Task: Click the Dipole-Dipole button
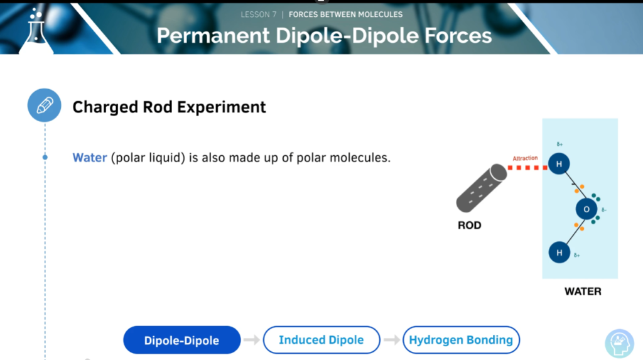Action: click(x=181, y=340)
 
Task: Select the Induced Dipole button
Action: click(x=321, y=340)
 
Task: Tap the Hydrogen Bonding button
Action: click(x=461, y=340)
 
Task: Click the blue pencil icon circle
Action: click(x=45, y=105)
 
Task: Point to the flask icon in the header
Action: click(x=36, y=31)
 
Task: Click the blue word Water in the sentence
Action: click(x=89, y=158)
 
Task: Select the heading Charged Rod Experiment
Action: click(x=169, y=107)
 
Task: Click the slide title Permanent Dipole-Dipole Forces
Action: click(x=324, y=35)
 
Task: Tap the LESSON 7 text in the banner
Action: click(x=258, y=14)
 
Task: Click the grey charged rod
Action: click(x=482, y=188)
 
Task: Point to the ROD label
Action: click(x=470, y=226)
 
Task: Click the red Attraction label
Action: click(x=525, y=158)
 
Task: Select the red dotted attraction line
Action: click(x=527, y=168)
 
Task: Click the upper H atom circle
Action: click(x=558, y=164)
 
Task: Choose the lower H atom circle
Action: click(x=559, y=253)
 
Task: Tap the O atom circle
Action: click(x=586, y=209)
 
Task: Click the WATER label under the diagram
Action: click(x=583, y=292)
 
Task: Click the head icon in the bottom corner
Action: click(x=619, y=344)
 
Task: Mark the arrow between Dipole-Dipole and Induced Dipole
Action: click(x=251, y=340)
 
